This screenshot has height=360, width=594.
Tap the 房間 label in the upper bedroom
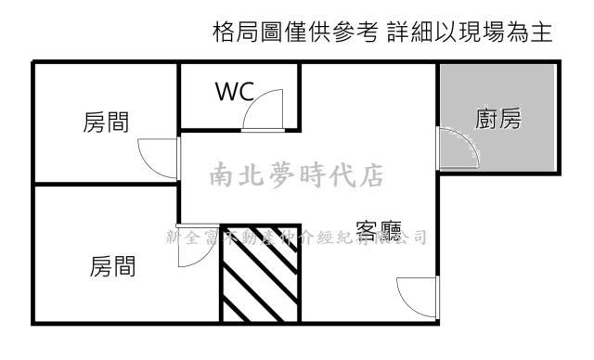106,123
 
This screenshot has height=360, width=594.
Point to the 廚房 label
497,120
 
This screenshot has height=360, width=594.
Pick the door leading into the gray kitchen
458,148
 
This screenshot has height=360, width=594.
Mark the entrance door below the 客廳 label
414,298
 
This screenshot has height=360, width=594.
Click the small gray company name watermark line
295,236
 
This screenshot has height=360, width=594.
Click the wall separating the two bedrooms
105,185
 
